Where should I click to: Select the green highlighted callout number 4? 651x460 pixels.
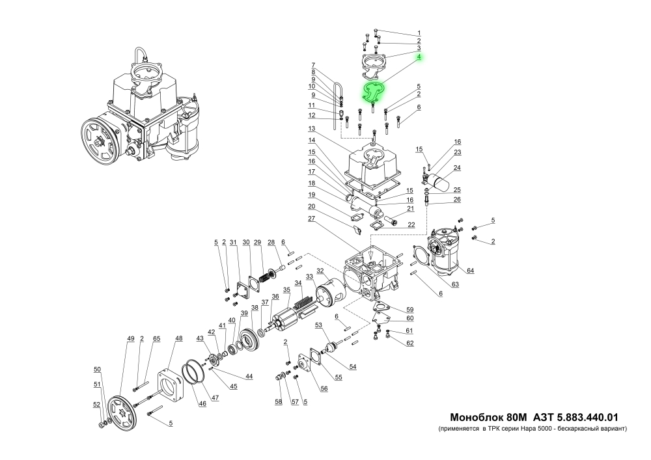[x=419, y=57]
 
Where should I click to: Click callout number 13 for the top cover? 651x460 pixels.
[x=312, y=128]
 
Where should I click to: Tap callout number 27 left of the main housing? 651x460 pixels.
[x=312, y=219]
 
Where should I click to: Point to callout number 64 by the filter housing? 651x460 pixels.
[x=469, y=271]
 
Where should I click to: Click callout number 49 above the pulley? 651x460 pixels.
[x=130, y=339]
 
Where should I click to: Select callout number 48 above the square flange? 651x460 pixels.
[x=179, y=339]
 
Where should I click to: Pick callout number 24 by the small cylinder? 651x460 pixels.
[x=456, y=168]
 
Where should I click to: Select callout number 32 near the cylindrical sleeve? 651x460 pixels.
[x=320, y=271]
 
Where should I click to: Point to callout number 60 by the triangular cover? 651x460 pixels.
[x=409, y=319]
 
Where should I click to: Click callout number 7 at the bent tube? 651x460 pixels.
[x=312, y=64]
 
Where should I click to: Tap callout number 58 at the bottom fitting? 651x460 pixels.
[x=278, y=403]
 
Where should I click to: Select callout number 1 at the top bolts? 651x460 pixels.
[x=419, y=33]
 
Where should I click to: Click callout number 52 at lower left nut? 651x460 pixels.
[x=96, y=405]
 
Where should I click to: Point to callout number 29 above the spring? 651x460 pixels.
[x=257, y=243]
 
